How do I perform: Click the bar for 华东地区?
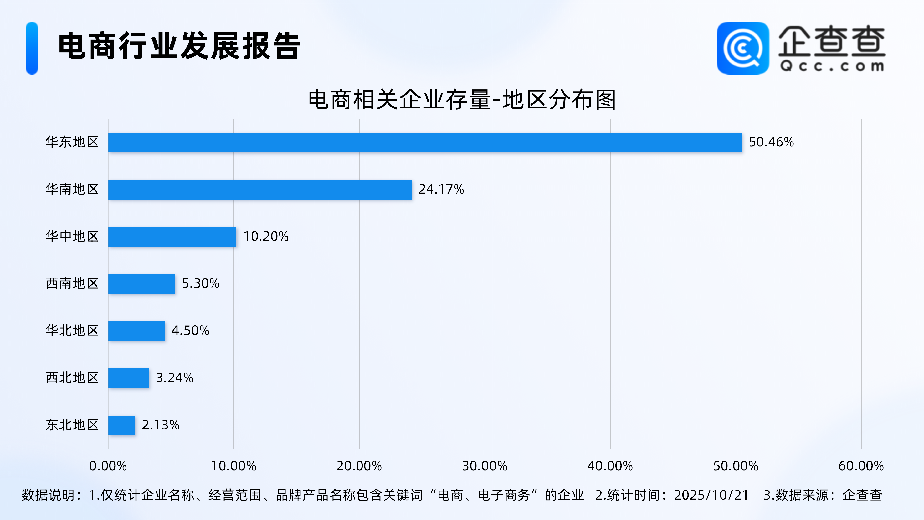(x=425, y=143)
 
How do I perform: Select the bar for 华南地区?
(x=260, y=190)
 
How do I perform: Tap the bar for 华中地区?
(x=172, y=237)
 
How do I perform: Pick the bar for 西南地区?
(x=141, y=284)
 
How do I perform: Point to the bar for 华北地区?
(x=136, y=331)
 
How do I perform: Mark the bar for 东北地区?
(x=122, y=425)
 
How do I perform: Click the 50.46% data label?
(x=771, y=142)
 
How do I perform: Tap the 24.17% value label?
(x=441, y=189)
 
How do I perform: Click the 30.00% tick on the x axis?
(x=485, y=466)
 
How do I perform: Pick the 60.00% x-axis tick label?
(x=861, y=466)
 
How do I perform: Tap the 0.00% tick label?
(x=108, y=466)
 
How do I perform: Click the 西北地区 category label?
(x=72, y=378)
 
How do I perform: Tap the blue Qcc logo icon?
(x=742, y=48)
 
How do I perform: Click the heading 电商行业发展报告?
(x=179, y=46)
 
